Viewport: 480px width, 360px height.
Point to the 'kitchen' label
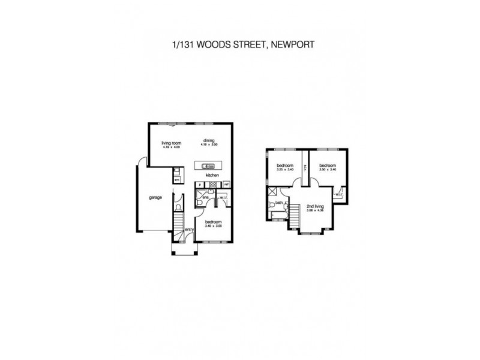212,175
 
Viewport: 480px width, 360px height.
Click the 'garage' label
157,197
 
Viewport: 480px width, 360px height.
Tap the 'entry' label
189,229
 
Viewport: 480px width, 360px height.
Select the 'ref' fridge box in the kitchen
227,184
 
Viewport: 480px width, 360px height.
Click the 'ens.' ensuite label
205,197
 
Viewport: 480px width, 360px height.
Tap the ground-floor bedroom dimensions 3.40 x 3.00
214,226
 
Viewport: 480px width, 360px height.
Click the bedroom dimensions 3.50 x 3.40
327,170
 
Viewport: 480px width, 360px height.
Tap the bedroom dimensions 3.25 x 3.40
284,170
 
